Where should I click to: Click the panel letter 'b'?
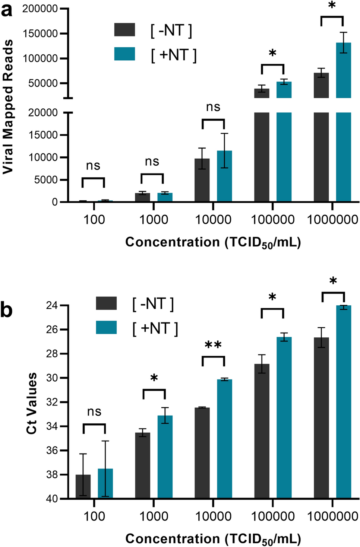6,309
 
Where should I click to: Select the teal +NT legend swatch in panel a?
124,54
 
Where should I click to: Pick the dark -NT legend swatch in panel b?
106,303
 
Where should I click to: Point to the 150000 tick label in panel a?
40,34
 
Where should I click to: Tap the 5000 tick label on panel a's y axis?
44,180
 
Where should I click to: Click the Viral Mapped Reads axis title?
8,106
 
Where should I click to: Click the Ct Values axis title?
32,403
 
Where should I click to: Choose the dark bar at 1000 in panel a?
142,197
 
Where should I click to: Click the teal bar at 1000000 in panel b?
344,402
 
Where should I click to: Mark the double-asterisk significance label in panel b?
213,345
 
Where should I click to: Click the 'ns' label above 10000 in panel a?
213,107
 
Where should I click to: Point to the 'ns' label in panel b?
94,411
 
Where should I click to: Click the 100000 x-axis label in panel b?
273,516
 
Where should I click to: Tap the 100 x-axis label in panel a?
94,219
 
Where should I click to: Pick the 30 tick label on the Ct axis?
52,378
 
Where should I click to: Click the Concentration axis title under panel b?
213,539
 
